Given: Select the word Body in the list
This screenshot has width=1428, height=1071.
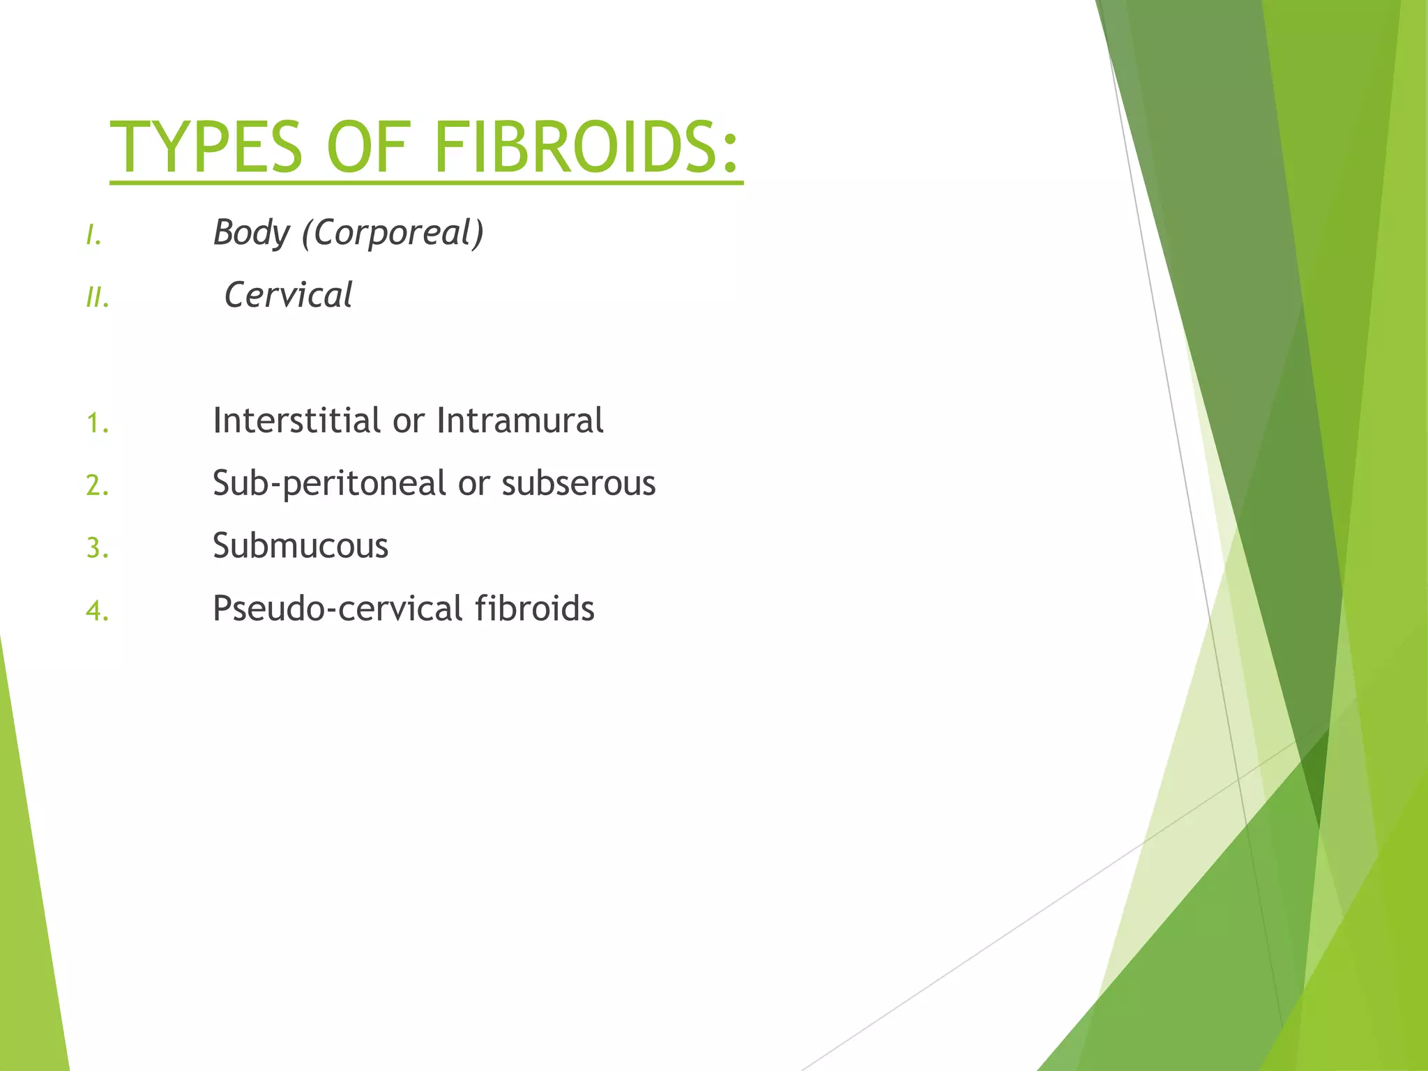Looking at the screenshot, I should pyautogui.click(x=251, y=233).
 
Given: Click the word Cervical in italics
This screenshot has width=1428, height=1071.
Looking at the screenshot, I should pyautogui.click(x=288, y=295).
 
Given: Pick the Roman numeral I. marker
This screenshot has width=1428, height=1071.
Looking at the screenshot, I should pyautogui.click(x=94, y=237).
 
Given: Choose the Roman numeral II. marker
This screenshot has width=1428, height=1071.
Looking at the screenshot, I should pyautogui.click(x=98, y=299).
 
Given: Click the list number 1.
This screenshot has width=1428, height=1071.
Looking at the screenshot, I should pyautogui.click(x=98, y=423).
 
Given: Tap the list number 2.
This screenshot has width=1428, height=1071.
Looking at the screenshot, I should pyautogui.click(x=98, y=485).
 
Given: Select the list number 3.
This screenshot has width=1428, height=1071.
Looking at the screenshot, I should pyautogui.click(x=98, y=548).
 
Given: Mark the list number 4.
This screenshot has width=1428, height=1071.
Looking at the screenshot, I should pyautogui.click(x=98, y=611).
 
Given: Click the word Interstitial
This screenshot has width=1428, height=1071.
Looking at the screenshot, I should pyautogui.click(x=296, y=420).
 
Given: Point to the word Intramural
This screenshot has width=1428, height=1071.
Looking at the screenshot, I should pyautogui.click(x=519, y=420).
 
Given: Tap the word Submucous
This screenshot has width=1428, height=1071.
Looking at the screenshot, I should pyautogui.click(x=301, y=546).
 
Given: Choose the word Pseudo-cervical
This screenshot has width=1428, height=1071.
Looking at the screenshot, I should pyautogui.click(x=337, y=609).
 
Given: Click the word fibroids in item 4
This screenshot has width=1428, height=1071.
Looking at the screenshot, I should pyautogui.click(x=534, y=608).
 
